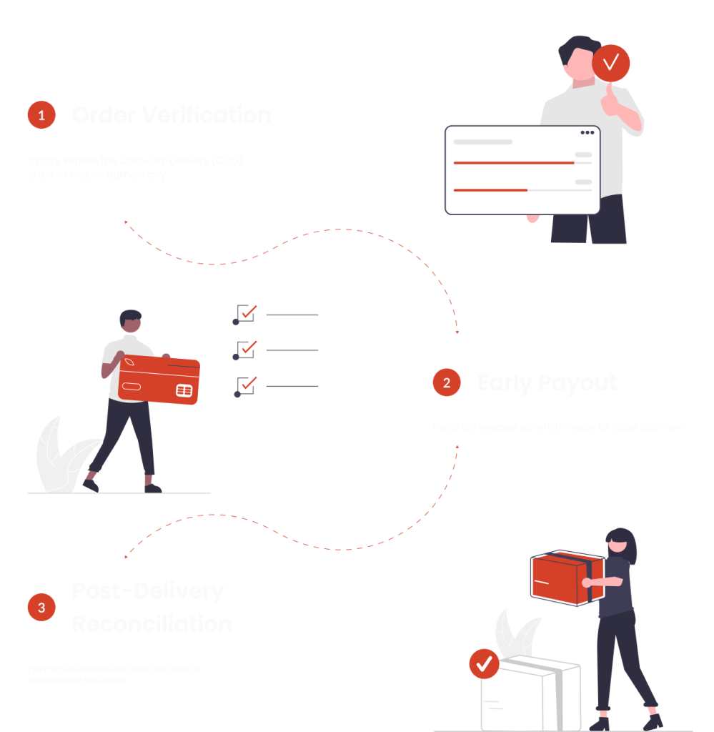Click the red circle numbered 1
click(41, 114)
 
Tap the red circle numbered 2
click(447, 382)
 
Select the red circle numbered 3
click(41, 608)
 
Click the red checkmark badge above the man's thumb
click(611, 64)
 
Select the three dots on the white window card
click(587, 132)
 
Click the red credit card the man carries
click(159, 379)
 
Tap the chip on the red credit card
click(184, 390)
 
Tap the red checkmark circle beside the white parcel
click(484, 664)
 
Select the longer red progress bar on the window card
click(514, 163)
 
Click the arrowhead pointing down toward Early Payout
click(457, 332)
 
